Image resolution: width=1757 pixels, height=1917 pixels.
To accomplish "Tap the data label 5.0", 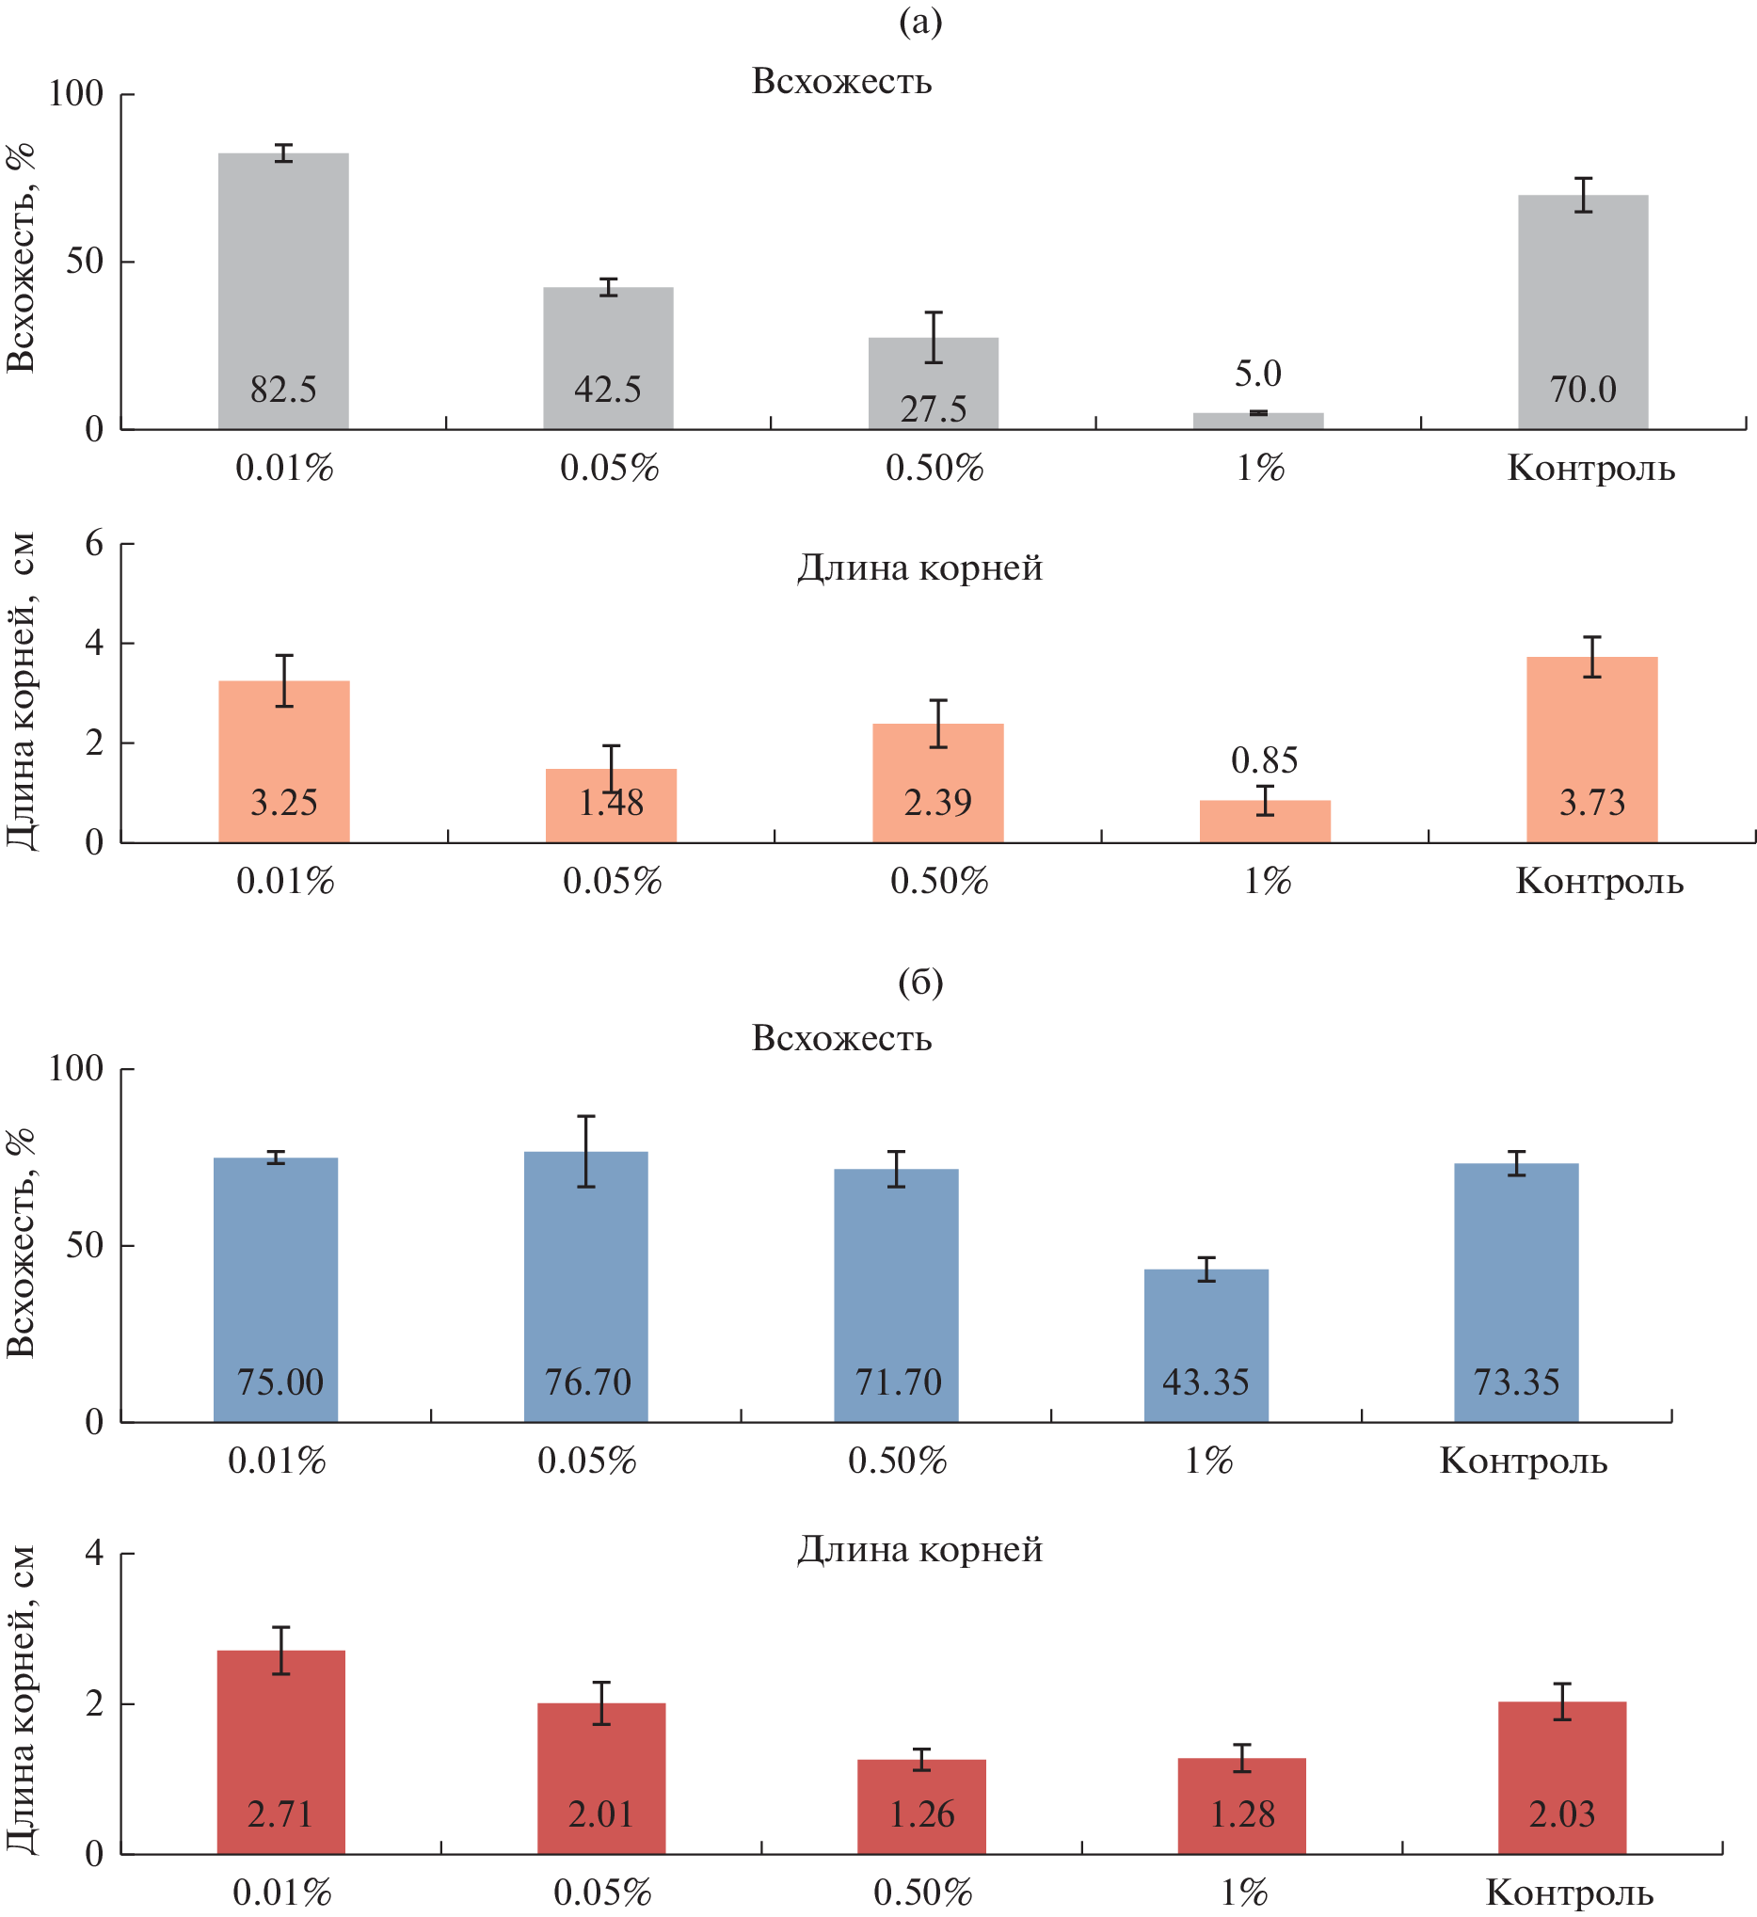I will (x=1258, y=374).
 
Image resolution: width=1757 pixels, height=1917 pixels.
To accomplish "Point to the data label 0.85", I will (x=1265, y=759).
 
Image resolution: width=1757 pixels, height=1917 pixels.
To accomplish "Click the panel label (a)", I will (x=920, y=21).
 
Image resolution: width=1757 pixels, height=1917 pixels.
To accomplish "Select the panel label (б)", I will (x=920, y=982).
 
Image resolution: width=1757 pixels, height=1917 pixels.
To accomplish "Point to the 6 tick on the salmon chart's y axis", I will (x=94, y=544).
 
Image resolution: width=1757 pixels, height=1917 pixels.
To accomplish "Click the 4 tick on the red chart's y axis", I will (x=94, y=1553).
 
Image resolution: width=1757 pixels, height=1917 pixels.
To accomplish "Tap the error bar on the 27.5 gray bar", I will (x=934, y=338).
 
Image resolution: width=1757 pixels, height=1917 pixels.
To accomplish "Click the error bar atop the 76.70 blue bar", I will (x=585, y=1152).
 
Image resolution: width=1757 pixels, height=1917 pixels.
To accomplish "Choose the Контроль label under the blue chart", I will (x=1523, y=1461).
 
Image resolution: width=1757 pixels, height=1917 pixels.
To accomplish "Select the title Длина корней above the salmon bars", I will (x=919, y=567).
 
